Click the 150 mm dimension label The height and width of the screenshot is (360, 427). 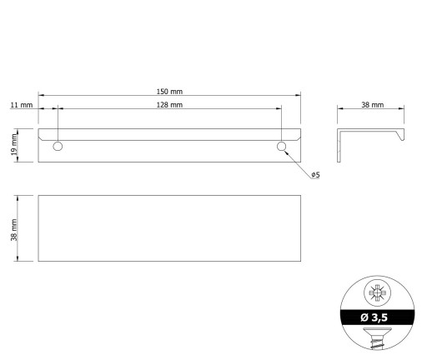169,92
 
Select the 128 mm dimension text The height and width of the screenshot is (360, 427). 169,105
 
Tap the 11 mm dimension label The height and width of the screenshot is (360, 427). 22,105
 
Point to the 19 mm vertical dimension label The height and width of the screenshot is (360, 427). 14,145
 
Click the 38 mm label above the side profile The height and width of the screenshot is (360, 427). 373,105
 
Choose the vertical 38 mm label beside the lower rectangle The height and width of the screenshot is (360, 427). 14,230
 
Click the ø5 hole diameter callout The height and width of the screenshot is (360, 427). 315,175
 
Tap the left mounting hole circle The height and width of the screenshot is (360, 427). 58,146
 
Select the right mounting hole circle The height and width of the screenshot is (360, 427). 282,146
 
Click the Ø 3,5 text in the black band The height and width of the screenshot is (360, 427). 374,317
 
